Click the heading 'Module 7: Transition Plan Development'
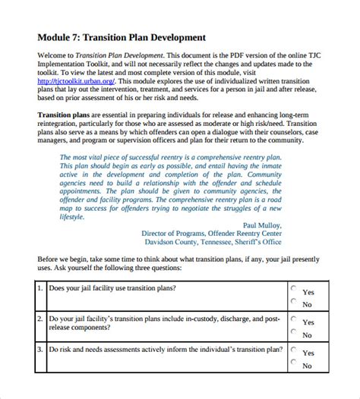click(121, 36)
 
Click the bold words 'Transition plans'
click(65, 113)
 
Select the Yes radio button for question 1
click(294, 289)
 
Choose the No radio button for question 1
click(294, 302)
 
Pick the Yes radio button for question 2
click(294, 319)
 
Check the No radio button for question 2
click(294, 332)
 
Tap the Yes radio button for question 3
click(294, 350)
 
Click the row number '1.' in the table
click(40, 289)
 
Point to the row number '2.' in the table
click(40, 319)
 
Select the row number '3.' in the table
click(40, 350)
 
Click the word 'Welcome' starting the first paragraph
click(55, 55)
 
